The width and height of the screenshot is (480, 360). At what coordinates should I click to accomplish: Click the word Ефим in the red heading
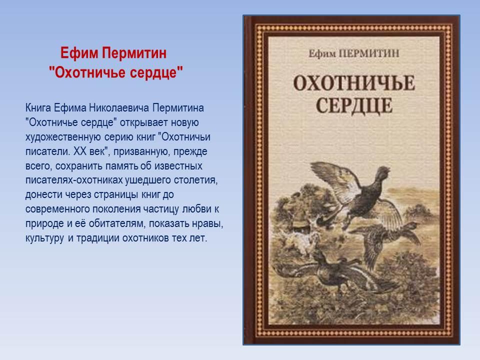(x=79, y=53)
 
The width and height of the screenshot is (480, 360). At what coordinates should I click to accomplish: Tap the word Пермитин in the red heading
(x=134, y=53)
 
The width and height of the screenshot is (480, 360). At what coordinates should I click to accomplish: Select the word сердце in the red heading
(x=156, y=73)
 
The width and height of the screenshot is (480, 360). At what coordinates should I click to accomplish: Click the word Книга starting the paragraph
(x=38, y=108)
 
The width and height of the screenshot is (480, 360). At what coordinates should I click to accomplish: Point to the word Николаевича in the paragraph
(x=119, y=108)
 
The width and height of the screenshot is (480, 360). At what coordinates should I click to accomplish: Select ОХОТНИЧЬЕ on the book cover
(x=354, y=83)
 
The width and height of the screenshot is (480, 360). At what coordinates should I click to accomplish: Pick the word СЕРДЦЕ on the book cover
(x=354, y=105)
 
